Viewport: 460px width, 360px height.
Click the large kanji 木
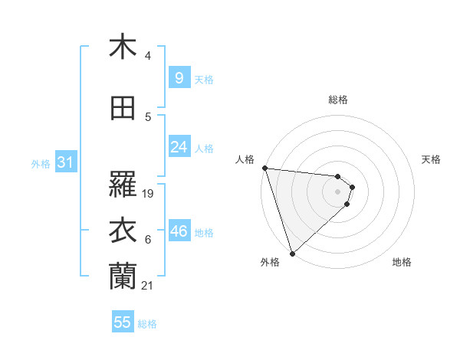[122, 47]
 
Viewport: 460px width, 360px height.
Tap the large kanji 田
[122, 108]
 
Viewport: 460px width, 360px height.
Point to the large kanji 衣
[122, 231]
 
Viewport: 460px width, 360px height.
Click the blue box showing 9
[179, 77]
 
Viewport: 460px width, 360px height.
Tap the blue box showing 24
[179, 147]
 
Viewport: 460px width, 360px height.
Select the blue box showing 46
[179, 231]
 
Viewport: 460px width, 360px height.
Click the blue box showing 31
[64, 162]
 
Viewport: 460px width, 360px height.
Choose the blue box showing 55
[123, 322]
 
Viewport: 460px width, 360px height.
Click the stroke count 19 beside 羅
[149, 194]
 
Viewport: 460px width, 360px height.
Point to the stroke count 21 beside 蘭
[149, 286]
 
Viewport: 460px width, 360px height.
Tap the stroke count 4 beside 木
[148, 56]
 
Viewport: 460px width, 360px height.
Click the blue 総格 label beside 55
[148, 324]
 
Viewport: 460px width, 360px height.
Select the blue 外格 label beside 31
[40, 163]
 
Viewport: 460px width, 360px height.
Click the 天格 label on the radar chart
[432, 159]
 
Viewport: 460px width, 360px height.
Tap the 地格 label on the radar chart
[402, 262]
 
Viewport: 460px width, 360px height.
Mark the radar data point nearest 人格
[264, 168]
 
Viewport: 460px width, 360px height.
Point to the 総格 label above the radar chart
[337, 100]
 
